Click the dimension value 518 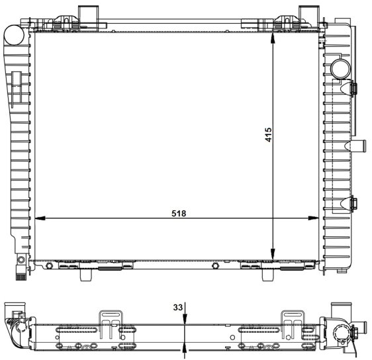[x=179, y=214]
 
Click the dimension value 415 [x=268, y=135]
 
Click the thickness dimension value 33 [x=178, y=307]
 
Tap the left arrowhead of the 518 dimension [x=40, y=218]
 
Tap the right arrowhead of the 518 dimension [x=313, y=218]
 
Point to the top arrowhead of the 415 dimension [x=273, y=38]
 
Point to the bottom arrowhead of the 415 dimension [x=273, y=254]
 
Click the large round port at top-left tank [x=14, y=34]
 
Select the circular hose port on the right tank [x=341, y=69]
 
